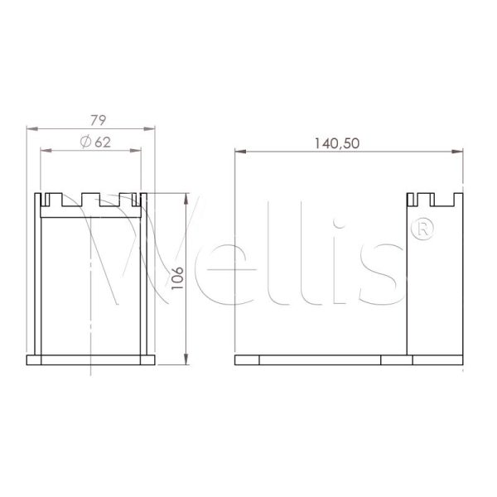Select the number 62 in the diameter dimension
click(102, 142)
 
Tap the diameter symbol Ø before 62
click(86, 142)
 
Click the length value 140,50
click(335, 142)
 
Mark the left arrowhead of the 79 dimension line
click(31, 128)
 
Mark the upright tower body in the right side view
click(434, 282)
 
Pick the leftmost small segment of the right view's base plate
click(247, 360)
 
